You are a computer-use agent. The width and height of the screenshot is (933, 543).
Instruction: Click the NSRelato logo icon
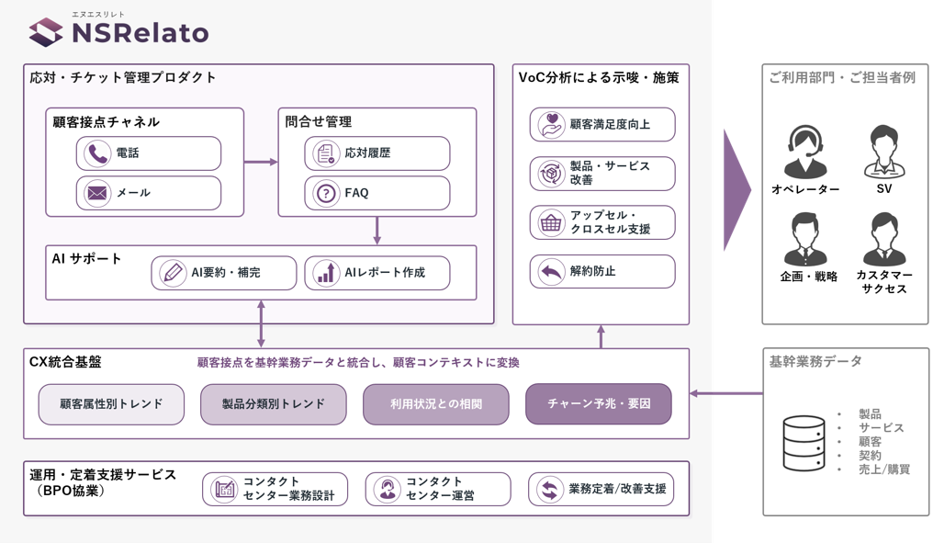pos(46,31)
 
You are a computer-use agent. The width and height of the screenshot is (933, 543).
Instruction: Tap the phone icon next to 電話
pos(97,153)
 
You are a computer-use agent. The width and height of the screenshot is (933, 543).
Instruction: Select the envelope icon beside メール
pos(97,193)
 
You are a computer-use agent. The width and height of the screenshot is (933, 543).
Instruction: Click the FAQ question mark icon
pos(325,194)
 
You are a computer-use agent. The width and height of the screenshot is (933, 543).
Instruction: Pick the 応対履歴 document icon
pos(325,153)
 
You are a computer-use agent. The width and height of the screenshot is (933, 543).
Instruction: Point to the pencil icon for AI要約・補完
pos(173,273)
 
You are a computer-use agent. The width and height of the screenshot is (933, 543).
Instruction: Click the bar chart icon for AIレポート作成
pos(325,273)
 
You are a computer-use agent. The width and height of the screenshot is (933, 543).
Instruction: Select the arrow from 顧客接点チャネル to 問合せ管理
pos(261,162)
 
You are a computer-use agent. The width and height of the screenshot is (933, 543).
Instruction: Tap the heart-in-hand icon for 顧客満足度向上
pos(551,124)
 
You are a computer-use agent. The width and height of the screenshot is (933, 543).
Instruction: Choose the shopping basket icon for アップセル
pos(551,222)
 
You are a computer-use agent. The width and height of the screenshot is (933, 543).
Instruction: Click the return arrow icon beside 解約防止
pos(551,272)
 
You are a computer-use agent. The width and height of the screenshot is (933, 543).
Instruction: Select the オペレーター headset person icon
pos(805,152)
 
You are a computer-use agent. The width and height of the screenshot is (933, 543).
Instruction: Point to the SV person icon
pos(884,152)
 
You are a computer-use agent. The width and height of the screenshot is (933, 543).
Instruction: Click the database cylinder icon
pos(804,443)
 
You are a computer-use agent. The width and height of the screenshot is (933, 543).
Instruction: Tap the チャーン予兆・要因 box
pos(599,403)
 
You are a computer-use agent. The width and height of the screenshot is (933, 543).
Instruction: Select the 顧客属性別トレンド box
pos(111,404)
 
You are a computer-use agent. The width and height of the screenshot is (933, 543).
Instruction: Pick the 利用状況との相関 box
pos(436,404)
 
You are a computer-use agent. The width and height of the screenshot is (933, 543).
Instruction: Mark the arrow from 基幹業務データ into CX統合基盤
pos(726,393)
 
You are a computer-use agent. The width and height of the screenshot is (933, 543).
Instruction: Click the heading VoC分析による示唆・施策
pos(599,78)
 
